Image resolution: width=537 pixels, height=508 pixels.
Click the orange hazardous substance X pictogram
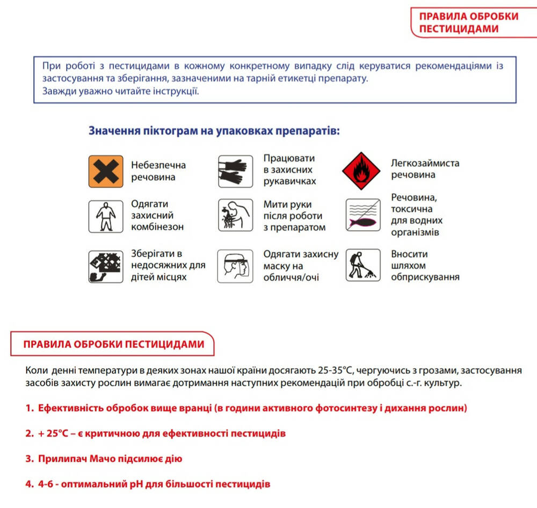[106, 171]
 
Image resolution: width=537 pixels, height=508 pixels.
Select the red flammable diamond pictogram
[361, 170]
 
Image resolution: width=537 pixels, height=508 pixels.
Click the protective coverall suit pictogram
[106, 216]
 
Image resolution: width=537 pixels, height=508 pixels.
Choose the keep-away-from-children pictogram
[106, 266]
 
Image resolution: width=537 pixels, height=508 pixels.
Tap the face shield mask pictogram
[235, 266]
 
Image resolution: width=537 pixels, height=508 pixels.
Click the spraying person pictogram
[362, 266]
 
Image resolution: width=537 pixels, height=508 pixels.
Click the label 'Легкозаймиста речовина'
[425, 169]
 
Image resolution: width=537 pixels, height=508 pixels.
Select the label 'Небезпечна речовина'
[158, 171]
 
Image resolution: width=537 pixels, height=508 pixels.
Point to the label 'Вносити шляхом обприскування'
[425, 266]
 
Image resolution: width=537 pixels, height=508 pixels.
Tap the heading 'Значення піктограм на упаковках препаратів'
[214, 131]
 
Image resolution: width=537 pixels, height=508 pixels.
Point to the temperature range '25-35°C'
[335, 371]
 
